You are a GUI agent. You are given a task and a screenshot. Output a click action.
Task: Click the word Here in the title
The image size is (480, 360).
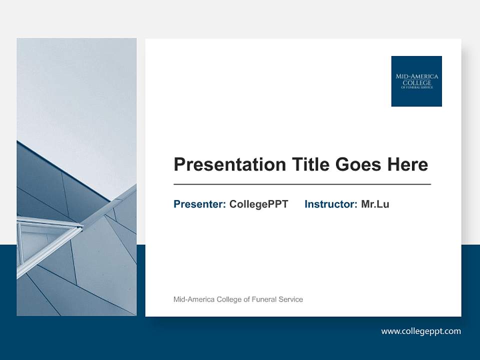[405, 164]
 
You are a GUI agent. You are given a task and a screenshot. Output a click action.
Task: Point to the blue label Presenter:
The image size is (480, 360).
[199, 204]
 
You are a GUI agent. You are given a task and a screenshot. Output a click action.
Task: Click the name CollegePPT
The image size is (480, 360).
[258, 204]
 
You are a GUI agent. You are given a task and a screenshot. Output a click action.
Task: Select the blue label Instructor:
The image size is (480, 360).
[330, 204]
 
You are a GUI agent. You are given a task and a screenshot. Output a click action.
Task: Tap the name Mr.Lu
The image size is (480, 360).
[375, 204]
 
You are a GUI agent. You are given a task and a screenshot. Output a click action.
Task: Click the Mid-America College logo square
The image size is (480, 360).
[416, 81]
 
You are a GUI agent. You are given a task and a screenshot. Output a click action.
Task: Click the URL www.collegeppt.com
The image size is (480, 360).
[421, 331]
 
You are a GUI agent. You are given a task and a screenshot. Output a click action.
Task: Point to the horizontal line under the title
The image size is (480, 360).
[302, 184]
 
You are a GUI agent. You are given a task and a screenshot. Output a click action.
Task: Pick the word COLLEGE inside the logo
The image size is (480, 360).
[416, 82]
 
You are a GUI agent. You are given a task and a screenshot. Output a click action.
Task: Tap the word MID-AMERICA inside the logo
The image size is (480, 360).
[416, 76]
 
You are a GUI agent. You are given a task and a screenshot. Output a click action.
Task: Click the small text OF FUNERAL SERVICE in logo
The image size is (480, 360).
[416, 87]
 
